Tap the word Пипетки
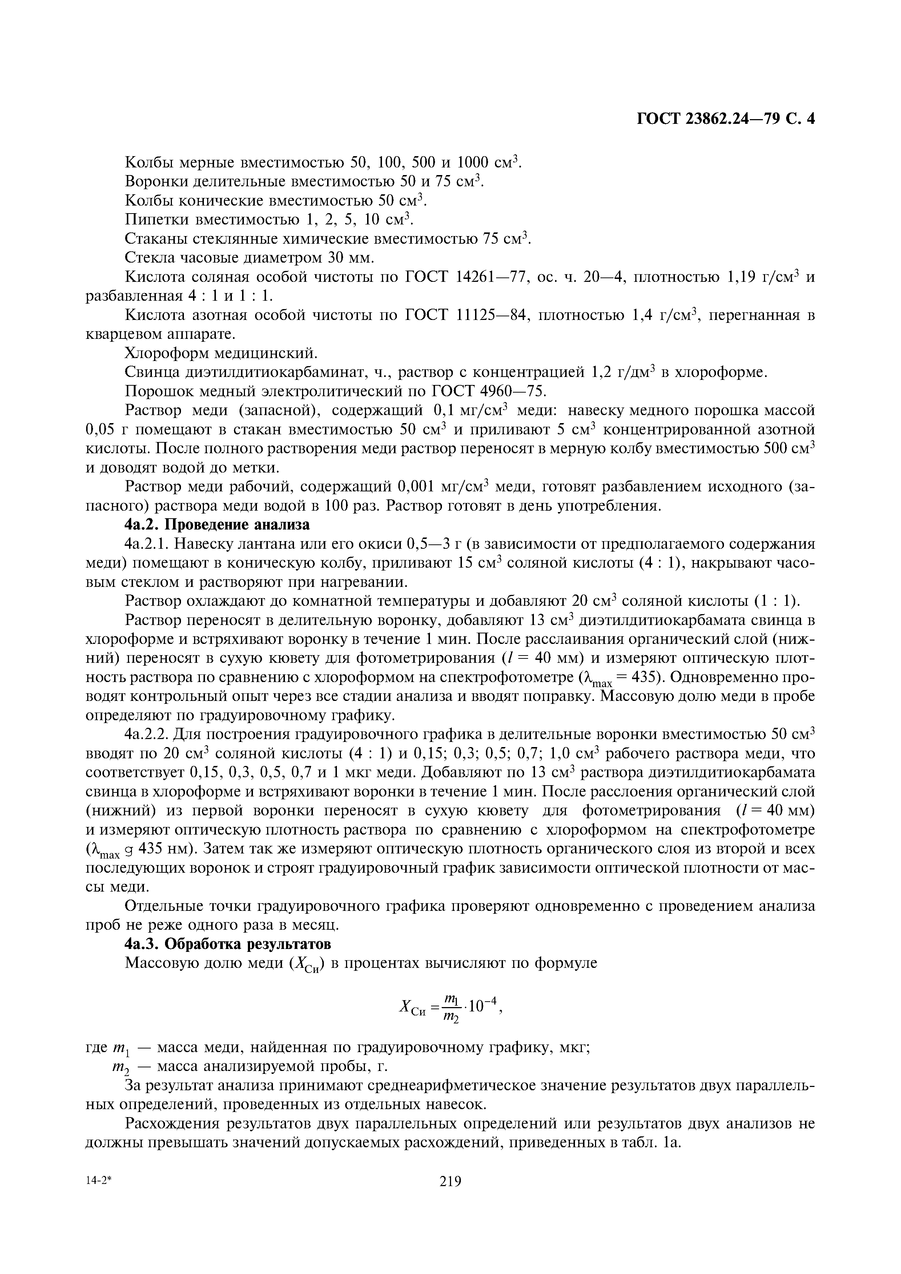click(x=158, y=220)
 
